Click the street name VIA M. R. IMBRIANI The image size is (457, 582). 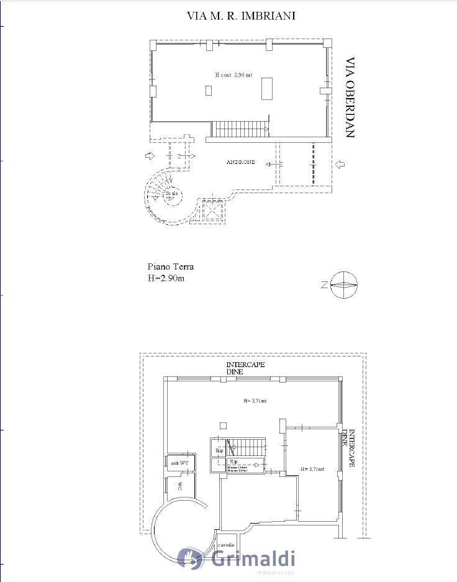(x=241, y=16)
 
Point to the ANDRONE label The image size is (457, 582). (x=240, y=162)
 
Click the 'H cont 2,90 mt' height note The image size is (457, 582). (x=233, y=75)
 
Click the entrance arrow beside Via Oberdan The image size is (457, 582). (x=340, y=165)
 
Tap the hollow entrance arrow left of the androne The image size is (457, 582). (x=149, y=155)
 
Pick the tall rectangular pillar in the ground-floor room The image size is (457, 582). (x=267, y=88)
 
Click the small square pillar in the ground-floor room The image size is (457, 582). (x=209, y=91)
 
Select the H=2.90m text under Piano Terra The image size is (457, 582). (x=166, y=278)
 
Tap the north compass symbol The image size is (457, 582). (x=343, y=285)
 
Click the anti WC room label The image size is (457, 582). (x=179, y=463)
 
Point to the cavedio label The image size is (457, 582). (x=226, y=544)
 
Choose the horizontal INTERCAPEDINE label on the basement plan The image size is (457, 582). (x=245, y=368)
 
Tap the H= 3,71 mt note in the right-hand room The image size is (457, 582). (x=312, y=469)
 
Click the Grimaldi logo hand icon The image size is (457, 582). (x=191, y=558)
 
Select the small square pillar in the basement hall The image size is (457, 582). (x=224, y=425)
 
